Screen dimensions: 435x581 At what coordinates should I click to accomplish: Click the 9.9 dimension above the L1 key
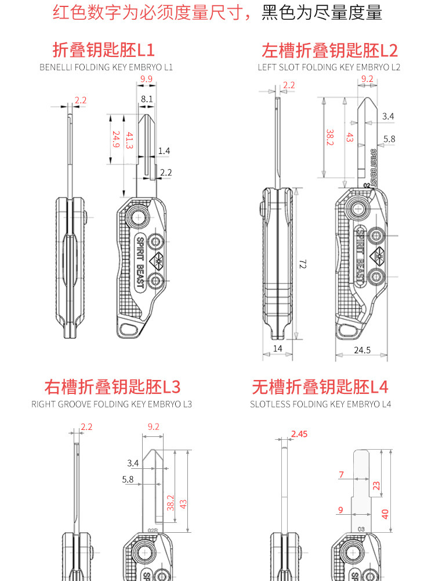tap(147, 79)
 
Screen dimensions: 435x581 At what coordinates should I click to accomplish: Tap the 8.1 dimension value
tap(147, 99)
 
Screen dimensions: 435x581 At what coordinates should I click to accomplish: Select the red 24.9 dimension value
tap(116, 139)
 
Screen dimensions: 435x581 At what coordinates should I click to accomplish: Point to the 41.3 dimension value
tap(129, 141)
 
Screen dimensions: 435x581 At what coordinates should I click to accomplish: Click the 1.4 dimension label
tap(164, 151)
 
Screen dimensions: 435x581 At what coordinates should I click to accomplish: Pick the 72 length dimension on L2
tap(303, 264)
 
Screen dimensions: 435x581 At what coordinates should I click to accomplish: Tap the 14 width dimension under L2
tap(277, 348)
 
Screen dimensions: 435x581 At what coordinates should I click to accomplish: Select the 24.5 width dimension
tap(362, 350)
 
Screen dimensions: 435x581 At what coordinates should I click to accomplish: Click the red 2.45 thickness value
tap(299, 434)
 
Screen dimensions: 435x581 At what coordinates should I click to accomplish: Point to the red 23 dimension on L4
tap(376, 485)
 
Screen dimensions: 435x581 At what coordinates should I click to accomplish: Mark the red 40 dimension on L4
tap(385, 514)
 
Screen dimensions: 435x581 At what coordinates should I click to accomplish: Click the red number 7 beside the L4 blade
tap(342, 475)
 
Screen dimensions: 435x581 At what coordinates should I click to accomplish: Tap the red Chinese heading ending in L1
tap(104, 50)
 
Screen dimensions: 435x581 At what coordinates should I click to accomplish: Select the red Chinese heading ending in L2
tap(329, 51)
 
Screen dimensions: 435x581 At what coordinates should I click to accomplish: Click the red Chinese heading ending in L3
tap(112, 387)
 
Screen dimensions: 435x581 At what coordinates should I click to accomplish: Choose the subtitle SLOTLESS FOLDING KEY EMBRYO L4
tap(320, 404)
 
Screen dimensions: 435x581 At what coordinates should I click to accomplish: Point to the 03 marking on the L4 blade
tap(361, 529)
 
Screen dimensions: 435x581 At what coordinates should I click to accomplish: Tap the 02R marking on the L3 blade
tap(153, 530)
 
